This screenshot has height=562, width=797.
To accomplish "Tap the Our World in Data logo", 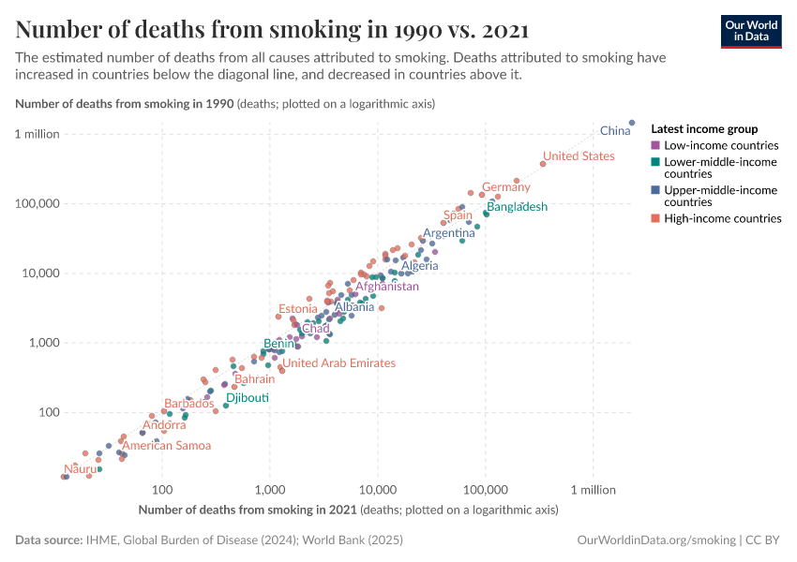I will point(750,30).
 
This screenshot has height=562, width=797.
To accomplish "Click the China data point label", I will point(615,131).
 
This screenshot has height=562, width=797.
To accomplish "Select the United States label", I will point(579,156).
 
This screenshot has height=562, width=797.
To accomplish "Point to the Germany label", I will point(506,187).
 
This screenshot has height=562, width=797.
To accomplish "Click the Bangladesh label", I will point(517,207).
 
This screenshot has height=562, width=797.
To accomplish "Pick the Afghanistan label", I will point(386,287).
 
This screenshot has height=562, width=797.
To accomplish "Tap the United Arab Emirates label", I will point(339,363).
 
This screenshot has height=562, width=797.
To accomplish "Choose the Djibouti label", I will point(248,398).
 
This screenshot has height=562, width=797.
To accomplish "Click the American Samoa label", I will point(167,446).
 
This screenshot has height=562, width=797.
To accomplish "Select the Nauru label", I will point(80,468).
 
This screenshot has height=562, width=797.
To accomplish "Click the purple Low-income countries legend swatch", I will point(655,146).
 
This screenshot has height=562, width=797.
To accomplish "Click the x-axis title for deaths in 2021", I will point(348,510).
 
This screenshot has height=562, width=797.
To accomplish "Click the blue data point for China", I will point(632,123).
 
